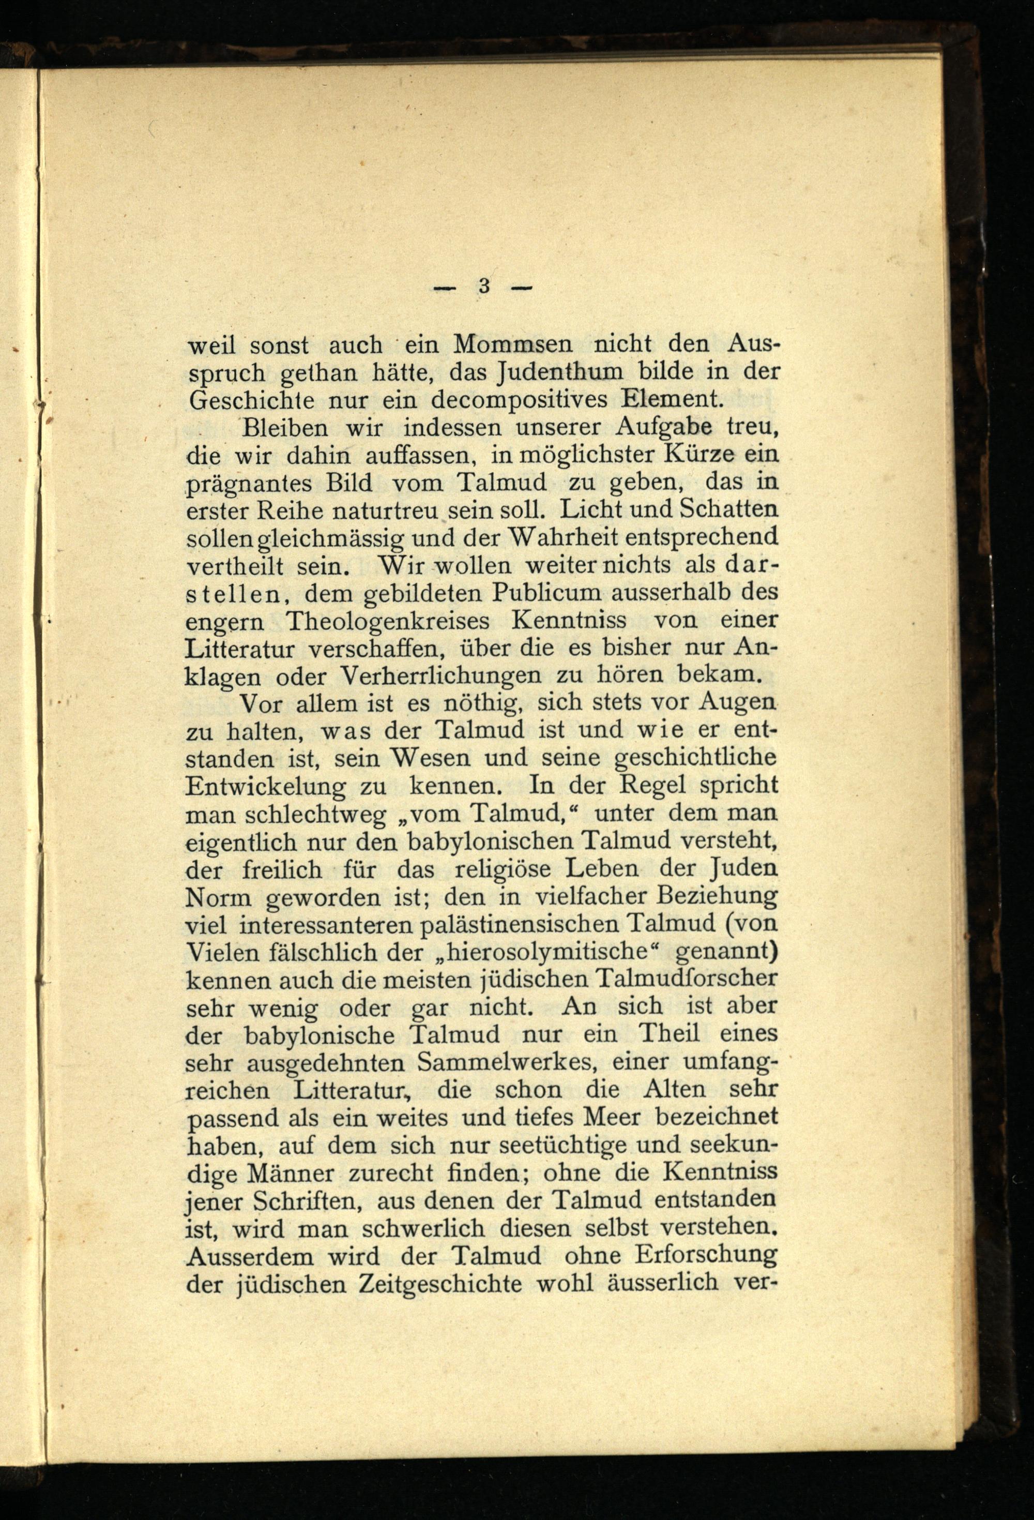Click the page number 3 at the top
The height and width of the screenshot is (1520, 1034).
(x=484, y=286)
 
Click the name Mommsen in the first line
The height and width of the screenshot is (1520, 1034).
(x=513, y=343)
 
